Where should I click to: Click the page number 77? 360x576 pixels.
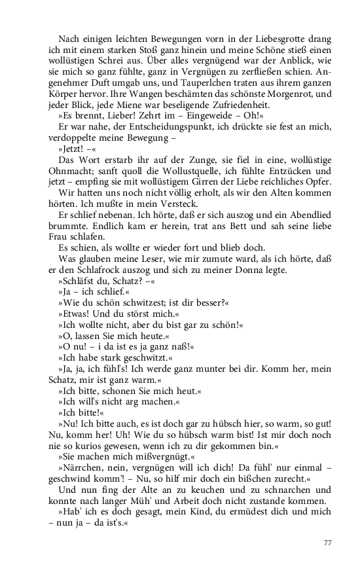coord(329,543)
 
